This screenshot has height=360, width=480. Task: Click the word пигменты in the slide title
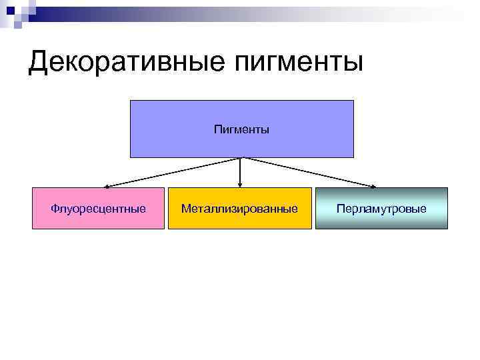point(296,63)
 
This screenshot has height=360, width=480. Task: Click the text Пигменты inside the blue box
point(241,129)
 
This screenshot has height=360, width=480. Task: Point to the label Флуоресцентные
point(98,209)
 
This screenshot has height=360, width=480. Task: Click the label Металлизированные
point(240,209)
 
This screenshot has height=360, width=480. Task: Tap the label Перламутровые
point(381,209)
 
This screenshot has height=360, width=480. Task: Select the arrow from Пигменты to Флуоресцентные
point(173,172)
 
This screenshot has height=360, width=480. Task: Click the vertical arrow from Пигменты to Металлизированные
point(241,171)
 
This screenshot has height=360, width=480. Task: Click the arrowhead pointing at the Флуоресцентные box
point(105,186)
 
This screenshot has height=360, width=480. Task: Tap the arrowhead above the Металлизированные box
point(241,185)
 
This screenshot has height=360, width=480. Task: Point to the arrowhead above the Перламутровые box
point(375,186)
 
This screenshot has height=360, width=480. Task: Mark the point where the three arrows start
point(241,158)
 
